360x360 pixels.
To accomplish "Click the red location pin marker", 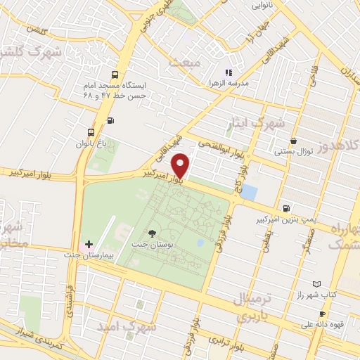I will (181, 165).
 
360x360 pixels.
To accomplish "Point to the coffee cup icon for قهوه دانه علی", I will (322, 314).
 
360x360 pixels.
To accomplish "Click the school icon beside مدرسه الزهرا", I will (228, 72).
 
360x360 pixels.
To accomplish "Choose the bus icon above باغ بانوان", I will (91, 132).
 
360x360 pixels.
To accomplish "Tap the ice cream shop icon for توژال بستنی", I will (293, 141).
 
